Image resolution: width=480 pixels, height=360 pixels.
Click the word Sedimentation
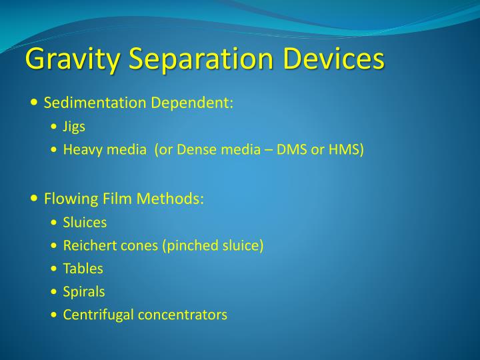[95, 103]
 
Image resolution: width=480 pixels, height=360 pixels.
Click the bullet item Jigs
[74, 127]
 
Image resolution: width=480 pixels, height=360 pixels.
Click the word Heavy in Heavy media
[80, 149]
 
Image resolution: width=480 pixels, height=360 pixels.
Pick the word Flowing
[69, 199]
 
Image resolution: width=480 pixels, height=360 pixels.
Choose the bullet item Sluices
[85, 222]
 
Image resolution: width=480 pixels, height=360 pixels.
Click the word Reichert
[87, 245]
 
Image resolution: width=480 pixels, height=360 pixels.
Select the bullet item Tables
[83, 269]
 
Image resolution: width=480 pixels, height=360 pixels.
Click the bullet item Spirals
[84, 291]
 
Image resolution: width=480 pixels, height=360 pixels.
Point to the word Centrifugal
[98, 315]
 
